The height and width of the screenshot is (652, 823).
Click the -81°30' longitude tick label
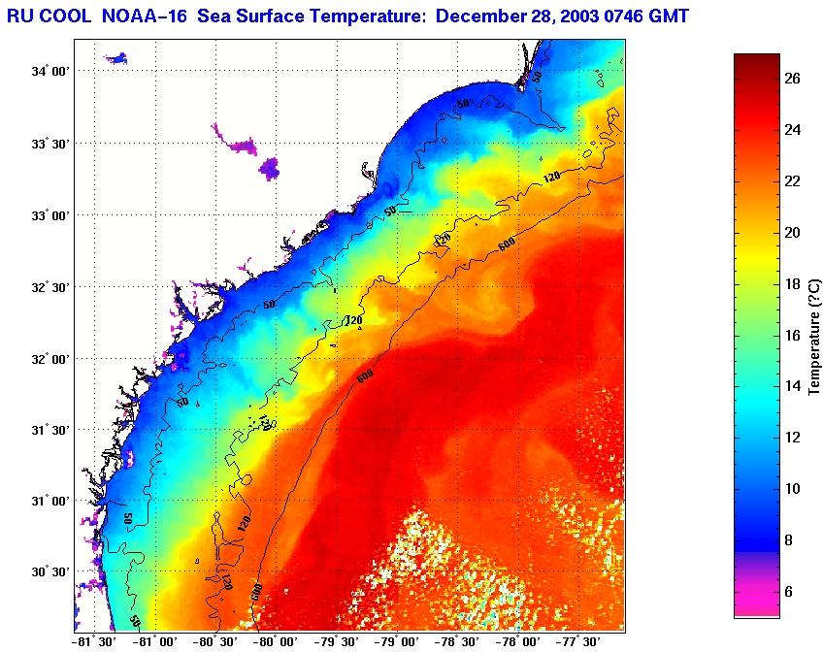click(94, 641)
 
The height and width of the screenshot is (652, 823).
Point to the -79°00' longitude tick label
click(398, 641)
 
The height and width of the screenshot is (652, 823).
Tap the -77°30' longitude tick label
click(579, 641)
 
